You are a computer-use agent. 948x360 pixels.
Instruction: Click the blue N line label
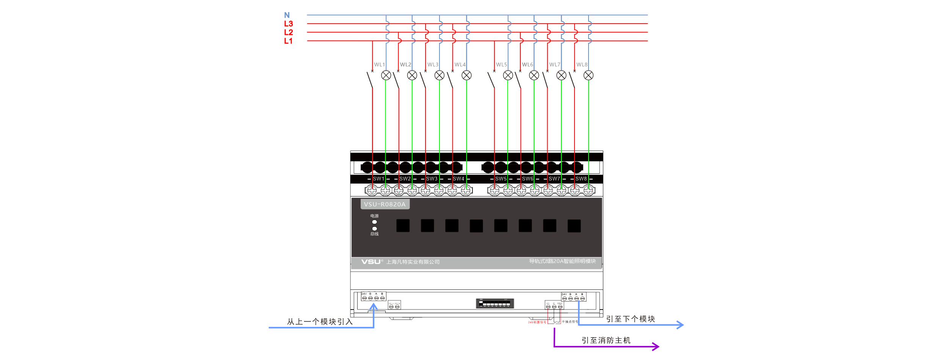(x=287, y=15)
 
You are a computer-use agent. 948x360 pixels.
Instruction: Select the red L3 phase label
(x=288, y=24)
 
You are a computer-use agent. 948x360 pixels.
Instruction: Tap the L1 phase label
(x=288, y=41)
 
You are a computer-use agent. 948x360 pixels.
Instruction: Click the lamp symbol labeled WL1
(x=386, y=75)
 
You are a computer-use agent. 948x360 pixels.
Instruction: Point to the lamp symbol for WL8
(x=589, y=75)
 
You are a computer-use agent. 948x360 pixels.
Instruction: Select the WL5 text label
(x=501, y=64)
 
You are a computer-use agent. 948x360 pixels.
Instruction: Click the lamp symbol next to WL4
(x=466, y=75)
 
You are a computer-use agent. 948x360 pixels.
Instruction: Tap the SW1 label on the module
(x=378, y=179)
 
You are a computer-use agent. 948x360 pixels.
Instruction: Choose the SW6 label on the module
(x=527, y=179)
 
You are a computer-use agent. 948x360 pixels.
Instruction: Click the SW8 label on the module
(x=581, y=179)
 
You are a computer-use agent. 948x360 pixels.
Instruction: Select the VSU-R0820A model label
(x=385, y=204)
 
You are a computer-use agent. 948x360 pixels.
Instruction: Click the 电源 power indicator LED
(x=375, y=222)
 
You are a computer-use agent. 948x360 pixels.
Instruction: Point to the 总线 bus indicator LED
(x=375, y=228)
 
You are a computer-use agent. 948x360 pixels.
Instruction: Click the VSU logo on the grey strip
(x=371, y=262)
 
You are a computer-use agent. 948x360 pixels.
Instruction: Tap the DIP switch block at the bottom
(x=495, y=303)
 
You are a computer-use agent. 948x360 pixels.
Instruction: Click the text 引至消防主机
(x=606, y=340)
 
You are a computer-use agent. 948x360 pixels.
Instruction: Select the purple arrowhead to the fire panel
(x=656, y=346)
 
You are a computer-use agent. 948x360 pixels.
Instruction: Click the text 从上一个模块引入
(x=320, y=322)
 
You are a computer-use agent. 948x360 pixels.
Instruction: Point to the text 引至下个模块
(x=630, y=319)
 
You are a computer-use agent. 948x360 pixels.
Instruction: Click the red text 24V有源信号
(x=537, y=322)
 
